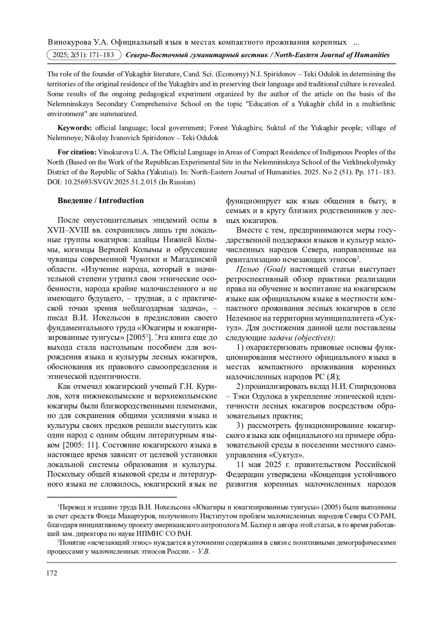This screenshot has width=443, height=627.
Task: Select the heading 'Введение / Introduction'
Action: [100, 201]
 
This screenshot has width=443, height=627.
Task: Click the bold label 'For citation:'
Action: [77, 152]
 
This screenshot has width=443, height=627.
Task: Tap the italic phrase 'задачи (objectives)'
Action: [301, 338]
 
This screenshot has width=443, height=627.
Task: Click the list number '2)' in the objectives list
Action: [240, 386]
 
